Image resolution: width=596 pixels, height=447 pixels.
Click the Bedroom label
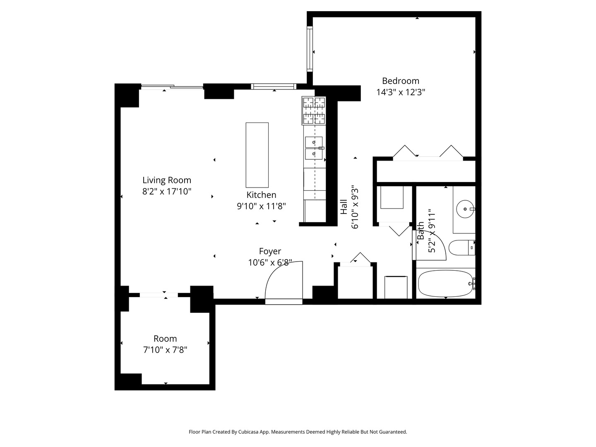coord(400,81)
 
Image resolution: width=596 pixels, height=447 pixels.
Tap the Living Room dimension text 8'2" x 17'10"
coord(167,191)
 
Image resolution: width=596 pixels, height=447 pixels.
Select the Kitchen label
coord(261,195)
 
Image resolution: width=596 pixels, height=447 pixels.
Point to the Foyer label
coord(270,251)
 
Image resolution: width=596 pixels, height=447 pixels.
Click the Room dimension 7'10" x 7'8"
coord(165,350)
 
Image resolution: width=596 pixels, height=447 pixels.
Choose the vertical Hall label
coord(344,207)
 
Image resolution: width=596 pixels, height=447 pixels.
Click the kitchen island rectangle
coord(257,155)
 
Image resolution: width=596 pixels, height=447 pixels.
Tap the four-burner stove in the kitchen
coord(314,111)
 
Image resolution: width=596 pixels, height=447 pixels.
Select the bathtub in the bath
coord(446,284)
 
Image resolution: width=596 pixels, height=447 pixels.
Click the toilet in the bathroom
coord(461,248)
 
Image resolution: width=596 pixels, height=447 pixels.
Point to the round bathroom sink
coord(465,209)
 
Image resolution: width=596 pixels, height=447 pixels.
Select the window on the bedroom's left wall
coord(310,49)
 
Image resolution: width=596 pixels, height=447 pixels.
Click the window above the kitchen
coord(274,87)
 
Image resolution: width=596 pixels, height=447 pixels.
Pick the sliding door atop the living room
coord(172,87)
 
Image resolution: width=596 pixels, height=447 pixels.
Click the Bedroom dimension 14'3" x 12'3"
coord(401,92)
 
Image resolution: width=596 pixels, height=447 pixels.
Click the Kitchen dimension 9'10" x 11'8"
coord(261,206)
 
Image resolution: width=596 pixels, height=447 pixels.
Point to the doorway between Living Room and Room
coord(159,295)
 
